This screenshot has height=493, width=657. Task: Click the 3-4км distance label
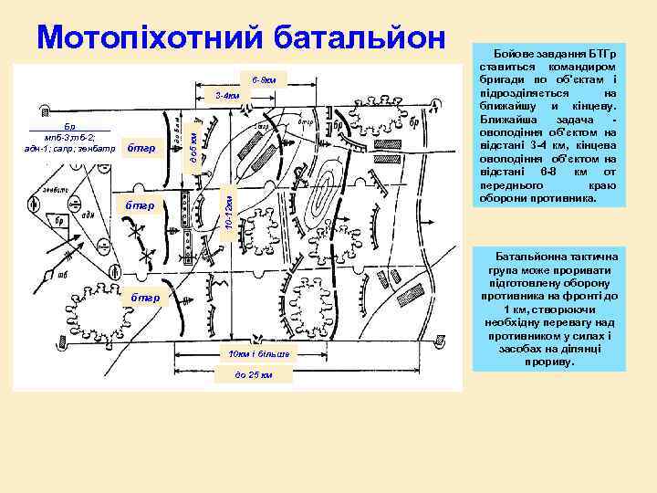point(227,95)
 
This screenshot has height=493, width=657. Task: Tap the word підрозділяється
point(526,92)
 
